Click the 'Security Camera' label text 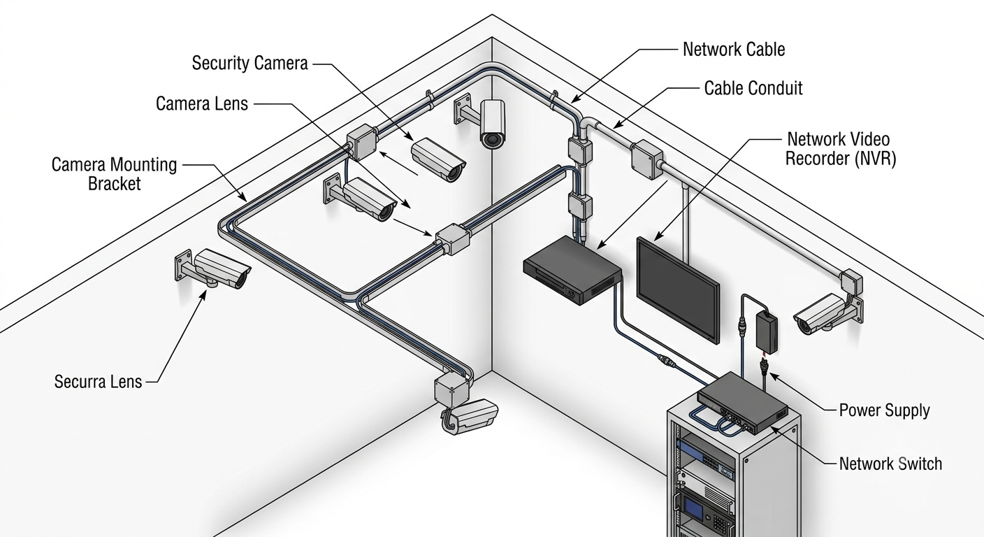pos(249,64)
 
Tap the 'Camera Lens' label pos(202,103)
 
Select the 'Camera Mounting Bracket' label pos(114,174)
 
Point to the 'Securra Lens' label pos(98,382)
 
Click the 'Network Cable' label pos(734,49)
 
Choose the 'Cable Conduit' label pos(753,88)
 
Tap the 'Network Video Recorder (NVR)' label pos(840,149)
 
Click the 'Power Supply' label pos(884,410)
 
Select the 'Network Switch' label pos(890,464)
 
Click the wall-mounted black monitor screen pos(678,289)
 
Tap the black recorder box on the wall pos(572,270)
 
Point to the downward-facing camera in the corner pos(493,124)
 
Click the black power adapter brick pos(767,332)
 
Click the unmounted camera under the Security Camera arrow pos(438,160)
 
